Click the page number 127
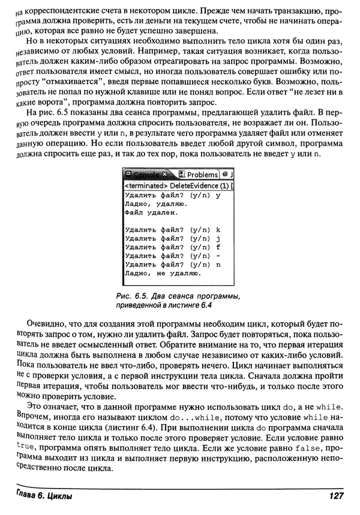[x=335, y=496]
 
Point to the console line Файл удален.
[x=151, y=212]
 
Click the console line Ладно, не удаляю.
[x=162, y=273]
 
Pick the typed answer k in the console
[x=218, y=229]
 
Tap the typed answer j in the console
[x=218, y=238]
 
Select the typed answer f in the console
[x=218, y=247]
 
